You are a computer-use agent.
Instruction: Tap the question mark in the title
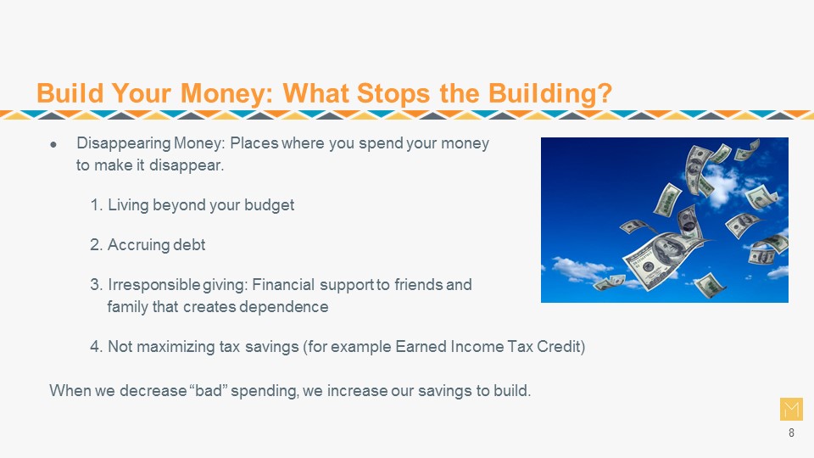[605, 93]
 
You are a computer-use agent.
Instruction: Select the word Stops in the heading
[393, 94]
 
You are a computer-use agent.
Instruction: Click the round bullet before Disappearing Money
[53, 144]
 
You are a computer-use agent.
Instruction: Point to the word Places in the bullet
[254, 142]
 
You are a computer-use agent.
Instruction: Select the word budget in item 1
[270, 205]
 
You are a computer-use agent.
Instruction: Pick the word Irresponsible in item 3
[153, 285]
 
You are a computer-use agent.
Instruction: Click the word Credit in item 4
[560, 346]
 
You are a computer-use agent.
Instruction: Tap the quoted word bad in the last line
[209, 390]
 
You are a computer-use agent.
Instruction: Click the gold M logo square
[791, 409]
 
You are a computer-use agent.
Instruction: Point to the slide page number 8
[791, 433]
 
